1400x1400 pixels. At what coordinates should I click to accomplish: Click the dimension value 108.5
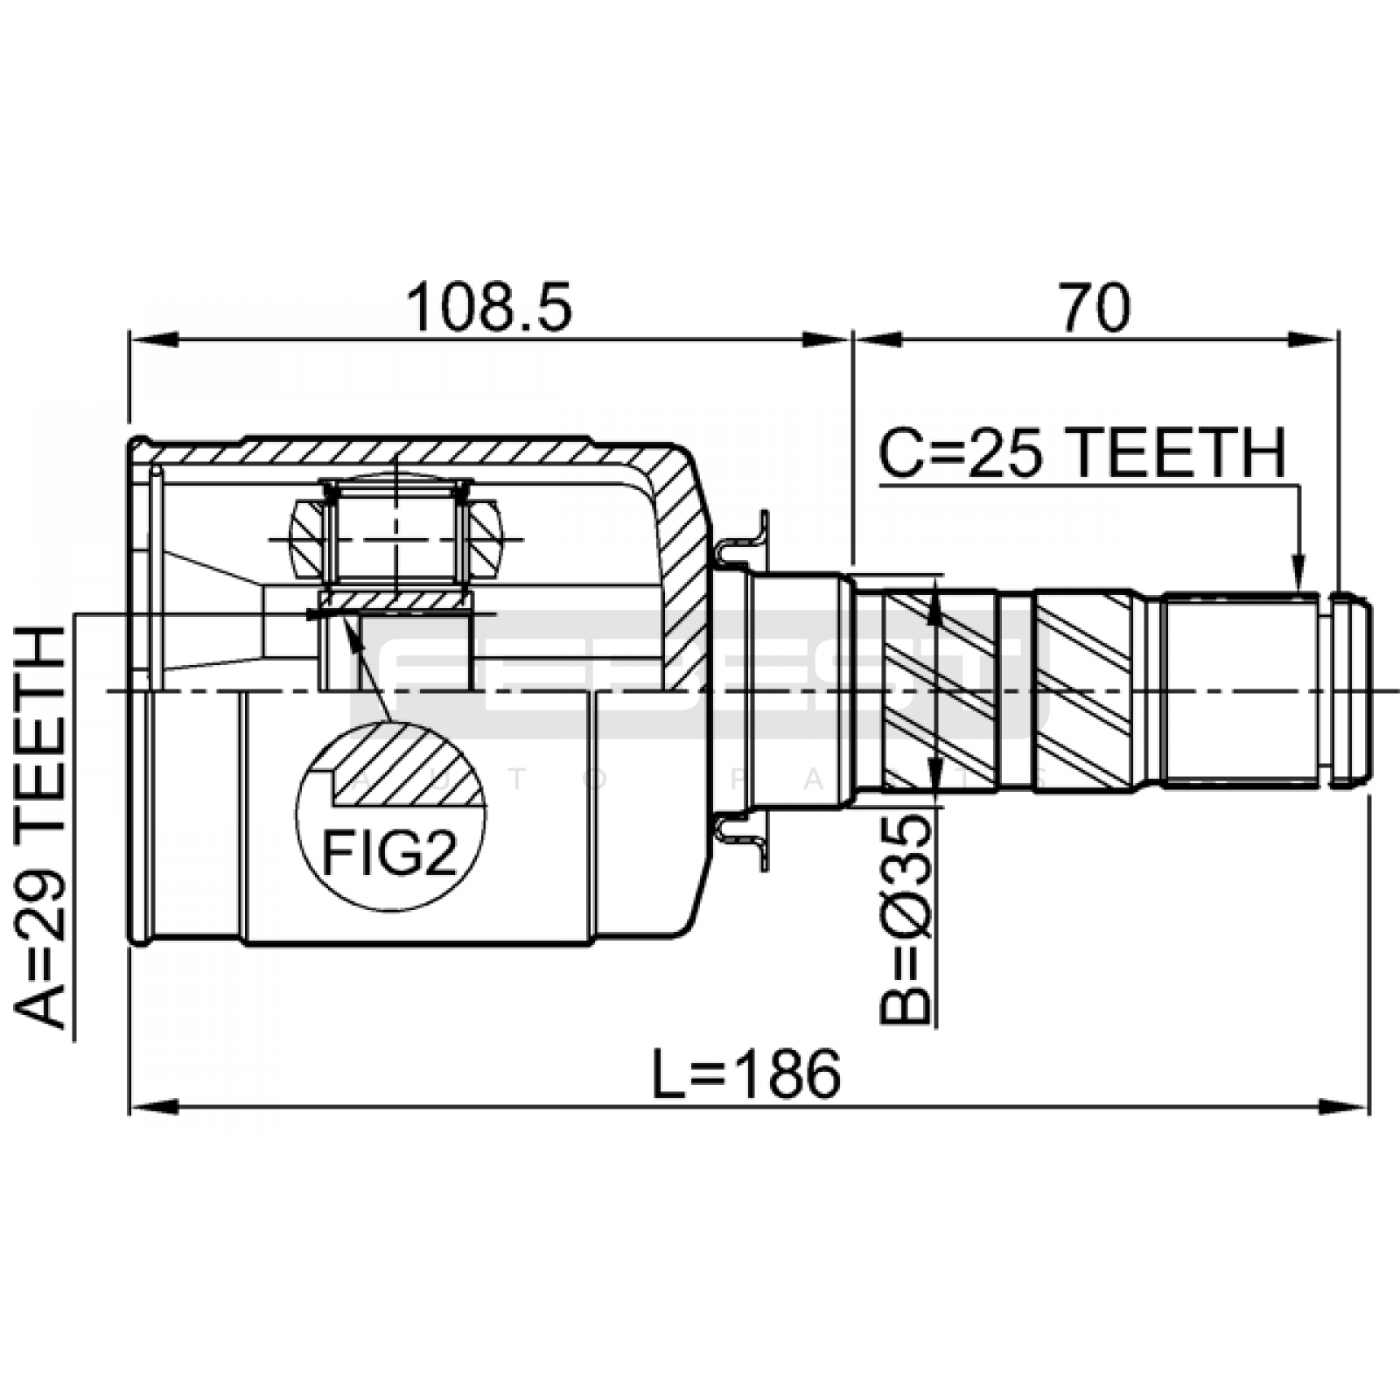[x=489, y=307]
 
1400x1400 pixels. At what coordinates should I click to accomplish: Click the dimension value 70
[x=1095, y=307]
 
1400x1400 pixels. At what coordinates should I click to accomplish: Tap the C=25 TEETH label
[x=1083, y=452]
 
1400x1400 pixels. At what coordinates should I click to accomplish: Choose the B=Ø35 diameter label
[x=905, y=918]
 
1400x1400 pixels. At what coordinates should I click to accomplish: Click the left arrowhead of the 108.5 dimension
[x=153, y=339]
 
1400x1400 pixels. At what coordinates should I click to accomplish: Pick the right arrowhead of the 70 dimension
[x=1314, y=339]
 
